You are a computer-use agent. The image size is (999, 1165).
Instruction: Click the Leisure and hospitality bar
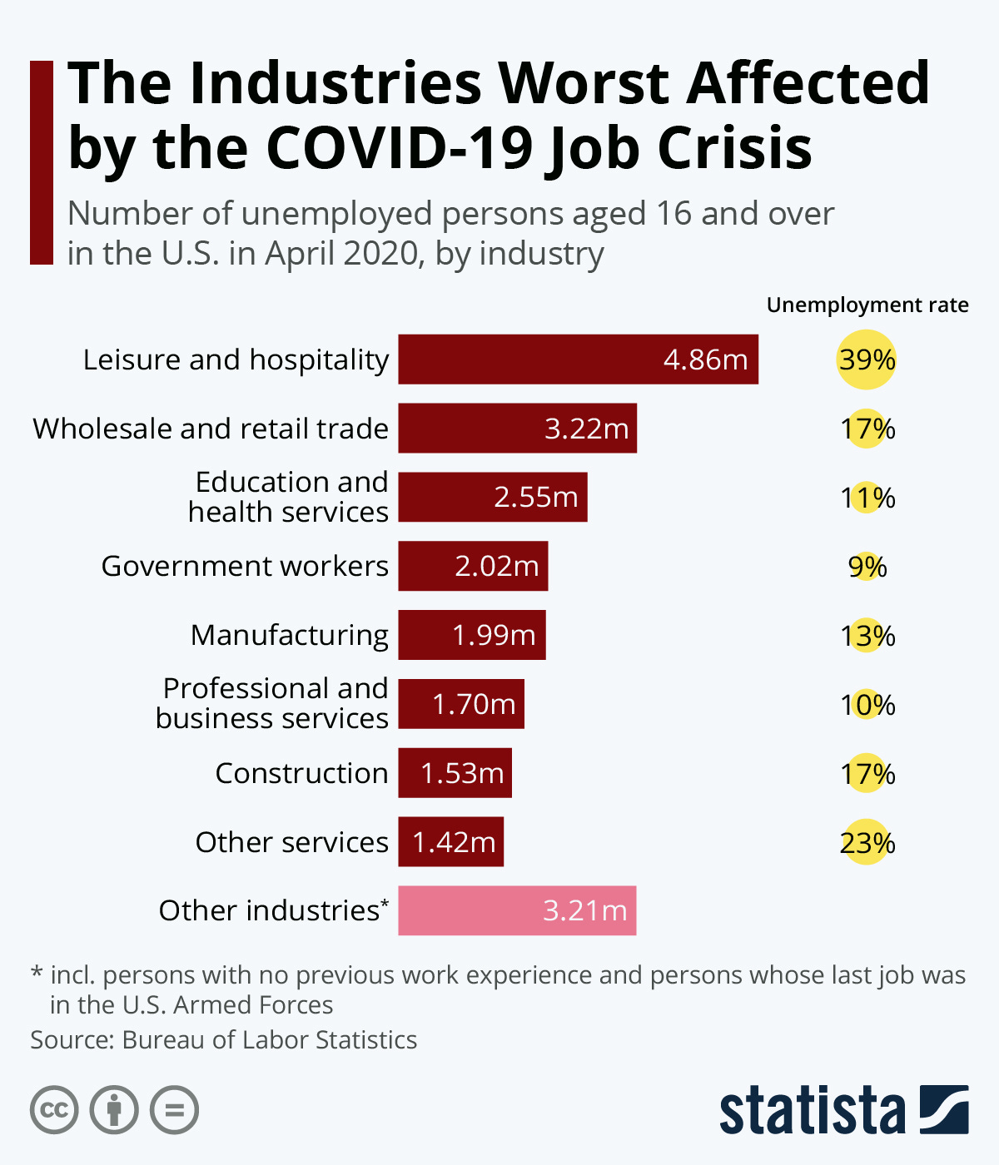point(578,359)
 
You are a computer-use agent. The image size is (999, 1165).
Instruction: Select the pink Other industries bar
point(517,910)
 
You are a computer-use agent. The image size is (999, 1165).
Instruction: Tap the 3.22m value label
point(586,429)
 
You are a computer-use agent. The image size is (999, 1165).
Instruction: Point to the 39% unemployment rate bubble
point(866,359)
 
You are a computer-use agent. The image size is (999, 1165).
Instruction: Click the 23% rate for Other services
point(867,843)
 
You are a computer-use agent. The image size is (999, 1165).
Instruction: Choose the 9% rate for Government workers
point(867,567)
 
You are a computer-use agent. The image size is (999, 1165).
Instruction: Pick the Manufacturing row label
point(289,635)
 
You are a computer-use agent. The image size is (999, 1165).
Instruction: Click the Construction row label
point(301,773)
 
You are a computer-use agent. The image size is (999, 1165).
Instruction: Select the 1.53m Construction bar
point(455,773)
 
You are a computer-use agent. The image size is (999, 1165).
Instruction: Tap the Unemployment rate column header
point(867,305)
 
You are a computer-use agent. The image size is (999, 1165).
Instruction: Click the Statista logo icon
point(944,1109)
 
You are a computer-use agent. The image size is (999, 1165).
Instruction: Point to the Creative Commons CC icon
point(54,1109)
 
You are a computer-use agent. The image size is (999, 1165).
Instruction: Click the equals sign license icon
point(174,1109)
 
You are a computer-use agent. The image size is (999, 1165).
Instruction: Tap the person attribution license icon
point(114,1109)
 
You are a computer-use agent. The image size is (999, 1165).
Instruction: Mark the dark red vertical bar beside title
point(41,162)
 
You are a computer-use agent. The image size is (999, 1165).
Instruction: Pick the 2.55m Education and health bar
point(493,497)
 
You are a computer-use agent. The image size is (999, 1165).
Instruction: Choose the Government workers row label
point(245,566)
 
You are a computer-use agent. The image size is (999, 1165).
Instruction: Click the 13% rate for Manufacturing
point(867,636)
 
